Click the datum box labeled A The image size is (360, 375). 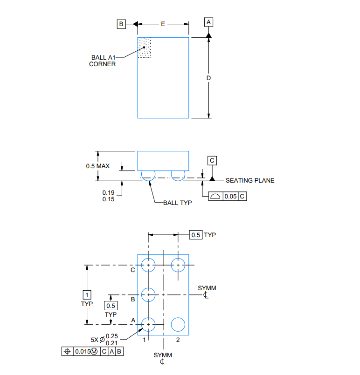click(x=208, y=22)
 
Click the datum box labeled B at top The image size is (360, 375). click(x=121, y=24)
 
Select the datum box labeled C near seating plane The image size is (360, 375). click(x=212, y=160)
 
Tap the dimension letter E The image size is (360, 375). click(x=163, y=24)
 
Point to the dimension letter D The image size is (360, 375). click(x=209, y=78)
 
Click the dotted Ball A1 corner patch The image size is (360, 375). click(x=145, y=48)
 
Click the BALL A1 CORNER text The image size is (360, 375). click(x=103, y=61)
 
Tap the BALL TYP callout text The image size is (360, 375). click(x=177, y=203)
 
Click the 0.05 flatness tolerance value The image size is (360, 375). click(x=231, y=197)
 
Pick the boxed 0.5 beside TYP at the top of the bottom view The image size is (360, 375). click(x=196, y=235)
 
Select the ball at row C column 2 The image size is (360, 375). click(x=178, y=265)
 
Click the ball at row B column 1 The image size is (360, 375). click(x=149, y=294)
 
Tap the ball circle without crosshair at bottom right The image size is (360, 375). click(x=178, y=324)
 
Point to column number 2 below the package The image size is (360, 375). click(x=178, y=340)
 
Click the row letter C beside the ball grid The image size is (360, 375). click(x=133, y=270)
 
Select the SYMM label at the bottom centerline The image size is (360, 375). click(x=163, y=355)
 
